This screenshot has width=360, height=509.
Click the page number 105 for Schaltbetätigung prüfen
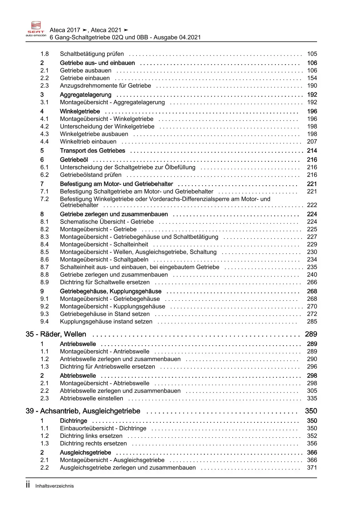pyautogui.click(x=312, y=54)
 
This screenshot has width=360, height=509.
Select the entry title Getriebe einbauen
pyautogui.click(x=85, y=78)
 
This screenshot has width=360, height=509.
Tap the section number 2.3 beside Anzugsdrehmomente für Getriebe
pyautogui.click(x=44, y=86)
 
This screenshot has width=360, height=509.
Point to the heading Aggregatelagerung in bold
pyautogui.click(x=86, y=95)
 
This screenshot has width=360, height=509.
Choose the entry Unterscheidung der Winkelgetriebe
pyautogui.click(x=107, y=127)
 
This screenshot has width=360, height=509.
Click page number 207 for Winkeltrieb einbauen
pyautogui.click(x=312, y=142)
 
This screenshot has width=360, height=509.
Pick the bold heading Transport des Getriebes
pyautogui.click(x=92, y=151)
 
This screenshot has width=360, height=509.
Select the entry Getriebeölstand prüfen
pyautogui.click(x=91, y=175)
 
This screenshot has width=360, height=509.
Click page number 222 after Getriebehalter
pyautogui.click(x=312, y=205)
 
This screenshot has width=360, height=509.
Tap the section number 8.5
pyautogui.click(x=44, y=252)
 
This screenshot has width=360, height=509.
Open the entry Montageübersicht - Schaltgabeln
pyautogui.click(x=104, y=260)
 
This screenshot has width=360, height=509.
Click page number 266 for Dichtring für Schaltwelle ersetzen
pyautogui.click(x=312, y=282)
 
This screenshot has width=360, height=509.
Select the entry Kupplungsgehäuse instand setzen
pyautogui.click(x=106, y=322)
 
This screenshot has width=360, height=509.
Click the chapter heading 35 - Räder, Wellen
pyautogui.click(x=56, y=334)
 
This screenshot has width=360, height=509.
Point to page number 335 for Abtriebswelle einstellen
pyautogui.click(x=312, y=398)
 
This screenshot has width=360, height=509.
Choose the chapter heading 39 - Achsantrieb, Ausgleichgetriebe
pyautogui.click(x=83, y=411)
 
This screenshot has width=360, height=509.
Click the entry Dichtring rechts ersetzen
pyautogui.click(x=93, y=443)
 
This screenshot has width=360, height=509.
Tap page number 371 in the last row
pyautogui.click(x=312, y=467)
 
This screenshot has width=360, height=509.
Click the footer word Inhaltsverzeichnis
pyautogui.click(x=55, y=486)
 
